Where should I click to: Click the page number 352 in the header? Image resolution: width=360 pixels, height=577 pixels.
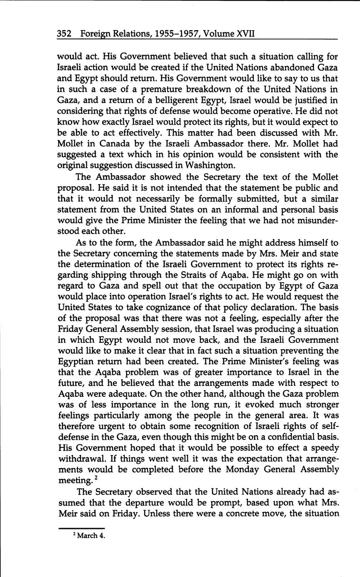coord(64,33)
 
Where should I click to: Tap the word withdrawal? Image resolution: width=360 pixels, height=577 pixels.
coord(79,459)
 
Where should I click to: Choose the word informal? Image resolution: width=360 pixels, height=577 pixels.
coord(243,209)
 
